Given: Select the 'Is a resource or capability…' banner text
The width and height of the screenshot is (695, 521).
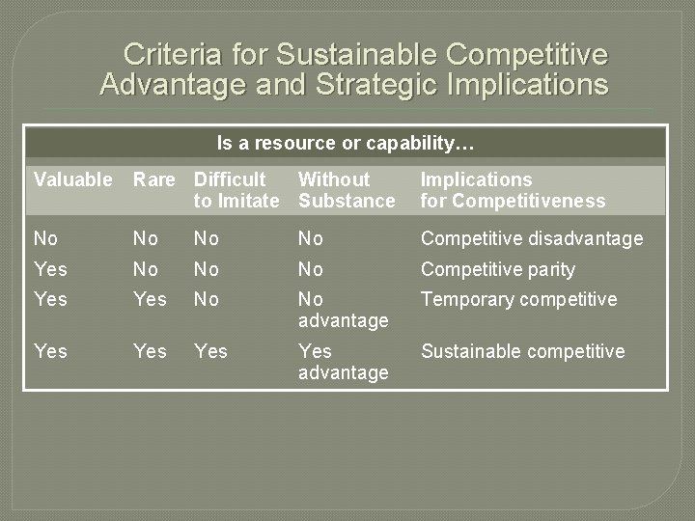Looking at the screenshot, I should tap(346, 144).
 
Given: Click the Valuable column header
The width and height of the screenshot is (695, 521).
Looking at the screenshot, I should tap(73, 179).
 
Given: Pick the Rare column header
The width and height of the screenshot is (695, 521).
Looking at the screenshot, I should tap(154, 179).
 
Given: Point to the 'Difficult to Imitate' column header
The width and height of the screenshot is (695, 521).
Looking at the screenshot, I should tap(236, 190).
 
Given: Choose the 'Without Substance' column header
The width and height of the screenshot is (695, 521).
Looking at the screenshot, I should tap(347, 190).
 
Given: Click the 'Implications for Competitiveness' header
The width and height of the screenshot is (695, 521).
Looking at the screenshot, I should tap(513, 190).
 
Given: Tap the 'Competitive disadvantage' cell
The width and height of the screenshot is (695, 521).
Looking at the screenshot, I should tap(532, 238).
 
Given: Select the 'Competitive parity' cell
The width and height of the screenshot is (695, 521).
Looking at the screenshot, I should tap(498, 269).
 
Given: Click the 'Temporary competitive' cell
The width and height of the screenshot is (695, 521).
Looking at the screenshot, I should tap(518, 299).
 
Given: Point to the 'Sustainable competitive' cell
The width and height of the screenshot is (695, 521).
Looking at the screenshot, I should tap(522, 351).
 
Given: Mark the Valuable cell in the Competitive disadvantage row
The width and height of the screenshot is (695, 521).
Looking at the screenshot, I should tap(44, 238).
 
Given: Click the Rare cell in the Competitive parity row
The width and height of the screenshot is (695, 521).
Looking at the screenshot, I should tap(145, 269).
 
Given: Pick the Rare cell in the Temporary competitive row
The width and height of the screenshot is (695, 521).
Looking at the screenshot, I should tap(150, 299).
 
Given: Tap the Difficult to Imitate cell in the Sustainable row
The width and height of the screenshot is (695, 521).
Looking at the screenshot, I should tap(210, 351).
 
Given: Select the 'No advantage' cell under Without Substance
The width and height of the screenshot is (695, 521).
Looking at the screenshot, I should tap(343, 310).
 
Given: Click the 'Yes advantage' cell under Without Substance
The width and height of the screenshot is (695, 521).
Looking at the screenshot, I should tap(343, 362).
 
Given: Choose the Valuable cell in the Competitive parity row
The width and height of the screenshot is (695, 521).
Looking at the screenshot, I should tap(50, 269).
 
